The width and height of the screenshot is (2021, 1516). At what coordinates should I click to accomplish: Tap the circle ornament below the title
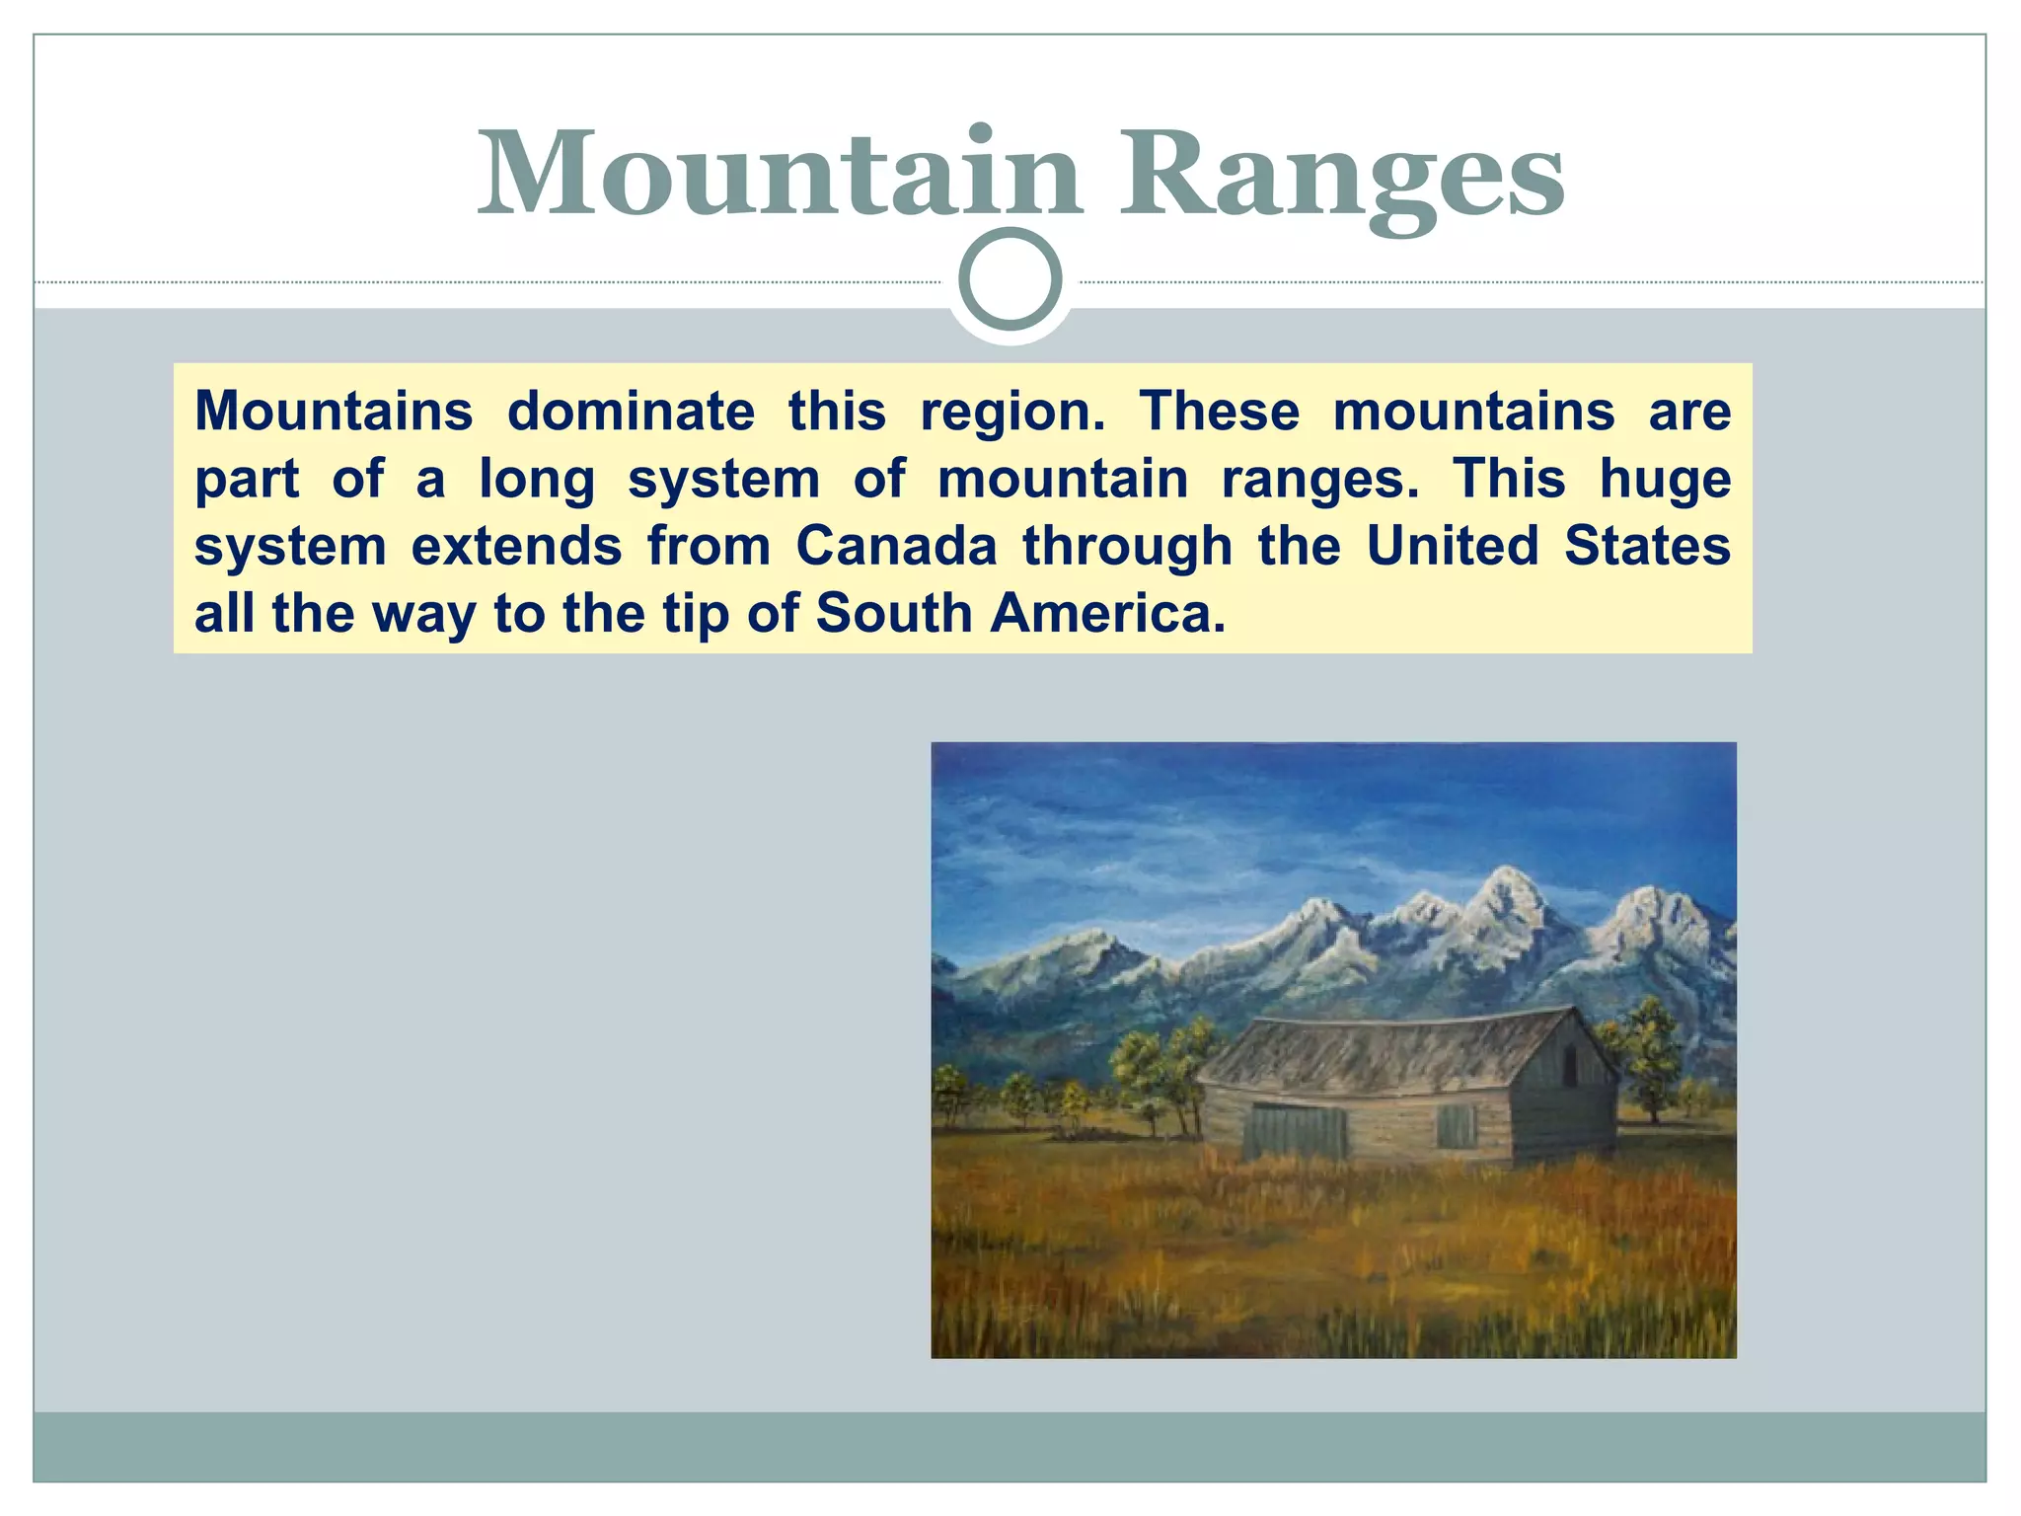point(1010,279)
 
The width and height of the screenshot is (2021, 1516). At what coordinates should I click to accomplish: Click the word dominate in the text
point(631,411)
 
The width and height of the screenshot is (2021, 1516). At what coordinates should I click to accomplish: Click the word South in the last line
point(894,613)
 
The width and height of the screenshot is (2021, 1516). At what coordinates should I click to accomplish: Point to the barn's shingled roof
point(1382,1056)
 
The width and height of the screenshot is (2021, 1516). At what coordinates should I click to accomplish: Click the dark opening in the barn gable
point(1570,1066)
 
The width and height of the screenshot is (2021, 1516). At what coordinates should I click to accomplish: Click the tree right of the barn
point(1649,1056)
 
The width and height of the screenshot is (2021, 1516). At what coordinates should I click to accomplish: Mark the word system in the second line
point(723,481)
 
